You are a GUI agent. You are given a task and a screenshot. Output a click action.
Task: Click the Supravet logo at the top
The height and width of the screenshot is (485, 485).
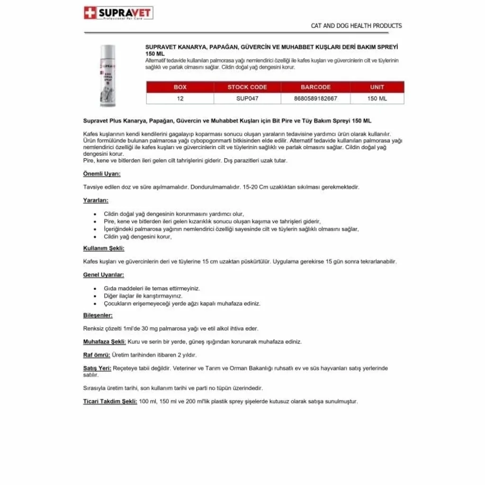tap(118, 13)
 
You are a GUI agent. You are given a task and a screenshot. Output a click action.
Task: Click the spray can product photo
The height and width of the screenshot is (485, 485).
tap(108, 76)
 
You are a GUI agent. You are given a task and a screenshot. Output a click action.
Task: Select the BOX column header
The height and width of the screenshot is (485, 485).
tap(180, 87)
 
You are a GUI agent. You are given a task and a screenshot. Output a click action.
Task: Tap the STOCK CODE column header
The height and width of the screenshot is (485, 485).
tap(247, 87)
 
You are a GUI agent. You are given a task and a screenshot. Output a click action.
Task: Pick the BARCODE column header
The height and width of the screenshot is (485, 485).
tap(315, 87)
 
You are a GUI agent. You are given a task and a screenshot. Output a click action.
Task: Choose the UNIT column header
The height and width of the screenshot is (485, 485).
tap(377, 87)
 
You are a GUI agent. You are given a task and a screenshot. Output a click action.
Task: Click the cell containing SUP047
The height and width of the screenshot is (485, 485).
tap(247, 99)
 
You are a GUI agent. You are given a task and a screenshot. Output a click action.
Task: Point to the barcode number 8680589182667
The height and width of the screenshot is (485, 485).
tap(315, 99)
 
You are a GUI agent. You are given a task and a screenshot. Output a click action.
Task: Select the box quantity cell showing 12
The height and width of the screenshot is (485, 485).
tap(180, 99)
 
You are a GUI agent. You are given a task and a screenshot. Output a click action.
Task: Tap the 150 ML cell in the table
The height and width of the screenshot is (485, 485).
tap(377, 99)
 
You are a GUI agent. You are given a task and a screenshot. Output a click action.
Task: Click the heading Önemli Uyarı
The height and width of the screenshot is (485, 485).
tap(102, 174)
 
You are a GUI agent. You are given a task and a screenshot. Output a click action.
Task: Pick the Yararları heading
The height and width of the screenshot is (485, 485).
tap(96, 200)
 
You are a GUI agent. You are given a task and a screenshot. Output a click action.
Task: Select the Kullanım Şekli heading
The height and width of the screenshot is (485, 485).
tap(104, 248)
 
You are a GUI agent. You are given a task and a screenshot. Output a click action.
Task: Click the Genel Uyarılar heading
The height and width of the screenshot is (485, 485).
tap(104, 275)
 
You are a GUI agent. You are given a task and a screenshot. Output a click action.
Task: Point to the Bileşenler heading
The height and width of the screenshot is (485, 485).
tap(98, 315)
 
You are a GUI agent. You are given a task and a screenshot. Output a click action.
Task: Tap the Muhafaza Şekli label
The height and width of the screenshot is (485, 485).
tap(104, 341)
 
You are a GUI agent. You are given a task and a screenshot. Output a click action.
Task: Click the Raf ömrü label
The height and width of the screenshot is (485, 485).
tap(97, 355)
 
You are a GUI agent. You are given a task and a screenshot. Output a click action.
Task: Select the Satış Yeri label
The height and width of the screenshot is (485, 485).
tap(97, 368)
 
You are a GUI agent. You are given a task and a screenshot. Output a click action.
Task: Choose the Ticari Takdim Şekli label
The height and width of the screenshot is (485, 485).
tap(110, 401)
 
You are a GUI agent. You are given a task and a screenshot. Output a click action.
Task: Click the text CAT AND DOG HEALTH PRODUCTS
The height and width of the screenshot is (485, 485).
tap(356, 26)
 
